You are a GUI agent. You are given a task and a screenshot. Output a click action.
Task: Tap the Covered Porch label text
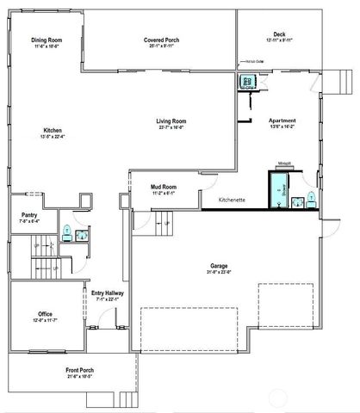coord(160,40)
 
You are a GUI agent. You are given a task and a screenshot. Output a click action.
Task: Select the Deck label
coord(280,35)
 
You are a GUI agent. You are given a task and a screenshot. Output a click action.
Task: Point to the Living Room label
coord(171,121)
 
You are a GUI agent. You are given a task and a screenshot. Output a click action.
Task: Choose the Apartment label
coord(282,121)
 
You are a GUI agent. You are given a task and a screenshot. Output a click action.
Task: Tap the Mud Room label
coord(164,186)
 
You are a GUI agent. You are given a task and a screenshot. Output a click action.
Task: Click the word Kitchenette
coord(233,200)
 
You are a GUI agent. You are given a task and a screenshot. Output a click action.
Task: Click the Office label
coord(46,314)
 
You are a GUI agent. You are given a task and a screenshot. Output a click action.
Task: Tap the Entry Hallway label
coord(107,295)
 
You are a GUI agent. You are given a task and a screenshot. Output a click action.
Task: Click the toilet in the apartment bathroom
coord(311,200)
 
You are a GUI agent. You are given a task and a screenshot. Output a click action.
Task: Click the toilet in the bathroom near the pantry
coord(66,231)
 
